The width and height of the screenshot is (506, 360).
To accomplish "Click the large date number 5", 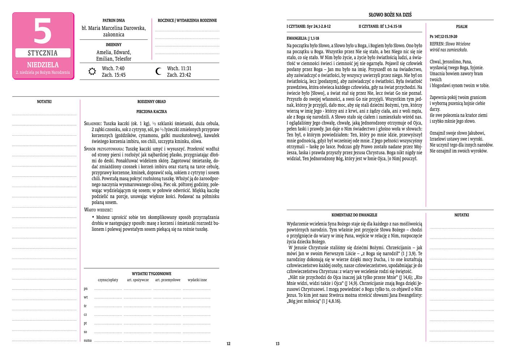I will [43, 31].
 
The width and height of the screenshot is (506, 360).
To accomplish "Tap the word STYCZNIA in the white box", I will [43, 53].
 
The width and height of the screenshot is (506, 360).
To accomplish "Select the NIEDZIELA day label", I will [43, 65].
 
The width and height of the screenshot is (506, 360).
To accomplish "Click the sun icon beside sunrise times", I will [92, 71].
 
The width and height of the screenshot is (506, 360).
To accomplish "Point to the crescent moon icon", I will [158, 71].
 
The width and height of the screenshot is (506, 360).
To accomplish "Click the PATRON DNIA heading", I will [113, 21].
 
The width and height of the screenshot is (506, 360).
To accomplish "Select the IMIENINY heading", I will [113, 45].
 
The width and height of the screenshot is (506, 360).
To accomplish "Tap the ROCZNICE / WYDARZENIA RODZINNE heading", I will [187, 21].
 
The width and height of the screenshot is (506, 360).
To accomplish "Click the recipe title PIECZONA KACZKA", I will [151, 112].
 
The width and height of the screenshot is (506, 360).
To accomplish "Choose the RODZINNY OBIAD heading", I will [151, 102].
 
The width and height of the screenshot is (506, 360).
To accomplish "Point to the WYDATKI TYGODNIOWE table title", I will [151, 274].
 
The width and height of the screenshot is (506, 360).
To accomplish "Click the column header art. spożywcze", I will [138, 280].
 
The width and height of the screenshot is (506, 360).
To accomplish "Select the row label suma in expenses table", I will [87, 341].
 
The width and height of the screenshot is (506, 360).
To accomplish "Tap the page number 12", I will [228, 344].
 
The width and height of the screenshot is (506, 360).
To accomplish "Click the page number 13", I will [278, 344].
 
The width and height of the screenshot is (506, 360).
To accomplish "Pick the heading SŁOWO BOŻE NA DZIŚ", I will [390, 15].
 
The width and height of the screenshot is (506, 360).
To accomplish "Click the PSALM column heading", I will [462, 26].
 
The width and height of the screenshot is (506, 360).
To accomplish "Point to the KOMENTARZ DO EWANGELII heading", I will [354, 215].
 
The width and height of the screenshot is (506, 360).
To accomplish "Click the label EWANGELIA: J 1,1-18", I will [303, 38].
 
